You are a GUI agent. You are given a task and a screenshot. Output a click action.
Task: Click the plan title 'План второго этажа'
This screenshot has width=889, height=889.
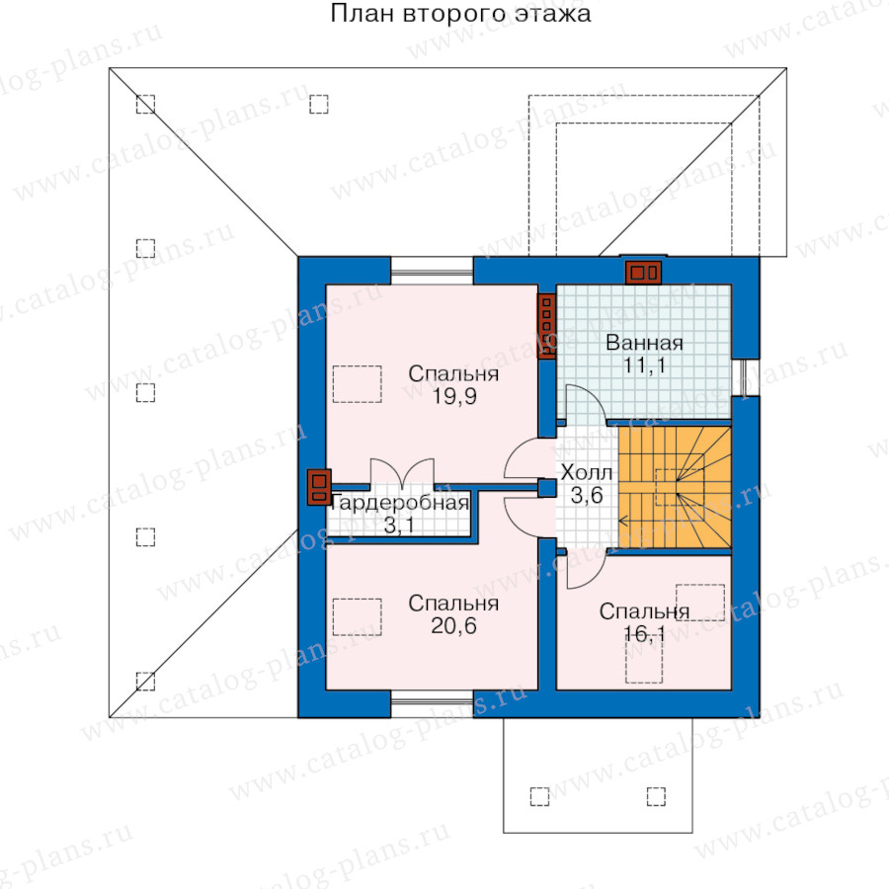(x=460, y=14)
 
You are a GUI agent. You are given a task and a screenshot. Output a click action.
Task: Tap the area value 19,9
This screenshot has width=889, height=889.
(x=454, y=397)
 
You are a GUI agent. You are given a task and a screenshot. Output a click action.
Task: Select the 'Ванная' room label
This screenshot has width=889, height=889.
(x=644, y=343)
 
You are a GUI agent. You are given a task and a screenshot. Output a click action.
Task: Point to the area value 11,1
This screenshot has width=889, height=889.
(x=644, y=365)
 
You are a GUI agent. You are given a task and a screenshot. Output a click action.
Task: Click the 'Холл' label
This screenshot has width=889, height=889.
(x=587, y=473)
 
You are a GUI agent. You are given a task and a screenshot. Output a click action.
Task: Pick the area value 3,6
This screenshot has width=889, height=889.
(x=587, y=496)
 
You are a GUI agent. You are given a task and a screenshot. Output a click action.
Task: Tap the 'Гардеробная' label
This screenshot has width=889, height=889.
(x=400, y=503)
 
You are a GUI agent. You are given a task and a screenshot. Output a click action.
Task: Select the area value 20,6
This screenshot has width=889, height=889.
(x=453, y=626)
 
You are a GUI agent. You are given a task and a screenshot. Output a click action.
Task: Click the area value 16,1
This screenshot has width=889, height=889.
(x=644, y=634)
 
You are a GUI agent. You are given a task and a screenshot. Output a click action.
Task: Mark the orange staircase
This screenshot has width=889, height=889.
(x=675, y=488)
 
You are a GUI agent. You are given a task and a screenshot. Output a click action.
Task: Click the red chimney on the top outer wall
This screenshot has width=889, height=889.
(x=643, y=273)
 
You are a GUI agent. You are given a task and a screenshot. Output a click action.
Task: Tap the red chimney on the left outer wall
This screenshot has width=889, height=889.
(x=319, y=487)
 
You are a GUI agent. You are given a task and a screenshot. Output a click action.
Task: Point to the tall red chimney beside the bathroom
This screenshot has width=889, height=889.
(x=546, y=326)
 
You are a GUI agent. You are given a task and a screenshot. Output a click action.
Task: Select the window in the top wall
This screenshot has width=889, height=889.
(x=432, y=271)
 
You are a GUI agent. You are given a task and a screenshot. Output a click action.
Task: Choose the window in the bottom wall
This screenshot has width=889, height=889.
(x=432, y=703)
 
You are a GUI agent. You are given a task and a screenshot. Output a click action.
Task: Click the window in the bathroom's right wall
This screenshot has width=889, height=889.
(x=745, y=377)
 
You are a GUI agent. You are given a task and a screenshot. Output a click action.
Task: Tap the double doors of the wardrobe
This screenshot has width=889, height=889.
(x=402, y=473)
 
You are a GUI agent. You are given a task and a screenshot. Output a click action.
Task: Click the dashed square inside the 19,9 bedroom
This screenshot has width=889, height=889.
(x=358, y=384)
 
